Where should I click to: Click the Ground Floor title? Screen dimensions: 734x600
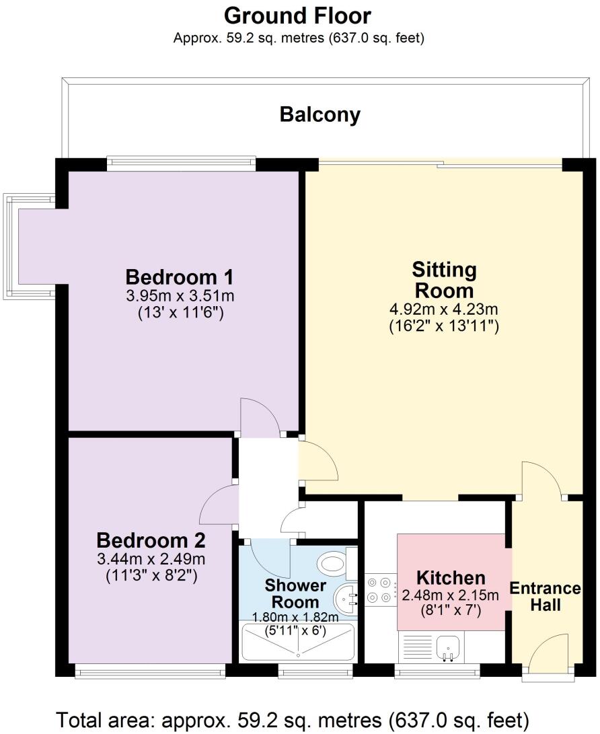point(297,15)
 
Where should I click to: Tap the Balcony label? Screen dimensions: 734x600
point(320,115)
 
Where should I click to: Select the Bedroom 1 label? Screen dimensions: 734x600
point(179,277)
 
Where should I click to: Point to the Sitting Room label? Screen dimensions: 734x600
point(444,281)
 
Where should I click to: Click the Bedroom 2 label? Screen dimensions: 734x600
point(151,540)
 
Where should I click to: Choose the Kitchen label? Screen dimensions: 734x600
point(450,578)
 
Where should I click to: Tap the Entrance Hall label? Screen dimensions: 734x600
point(545,596)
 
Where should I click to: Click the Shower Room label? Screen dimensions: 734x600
point(295,593)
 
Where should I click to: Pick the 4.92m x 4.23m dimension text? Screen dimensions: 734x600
point(444,310)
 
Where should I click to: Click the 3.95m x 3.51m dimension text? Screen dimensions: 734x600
point(180,295)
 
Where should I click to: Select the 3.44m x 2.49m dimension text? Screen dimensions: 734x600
point(151,559)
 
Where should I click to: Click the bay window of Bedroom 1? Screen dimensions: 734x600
point(30,246)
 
